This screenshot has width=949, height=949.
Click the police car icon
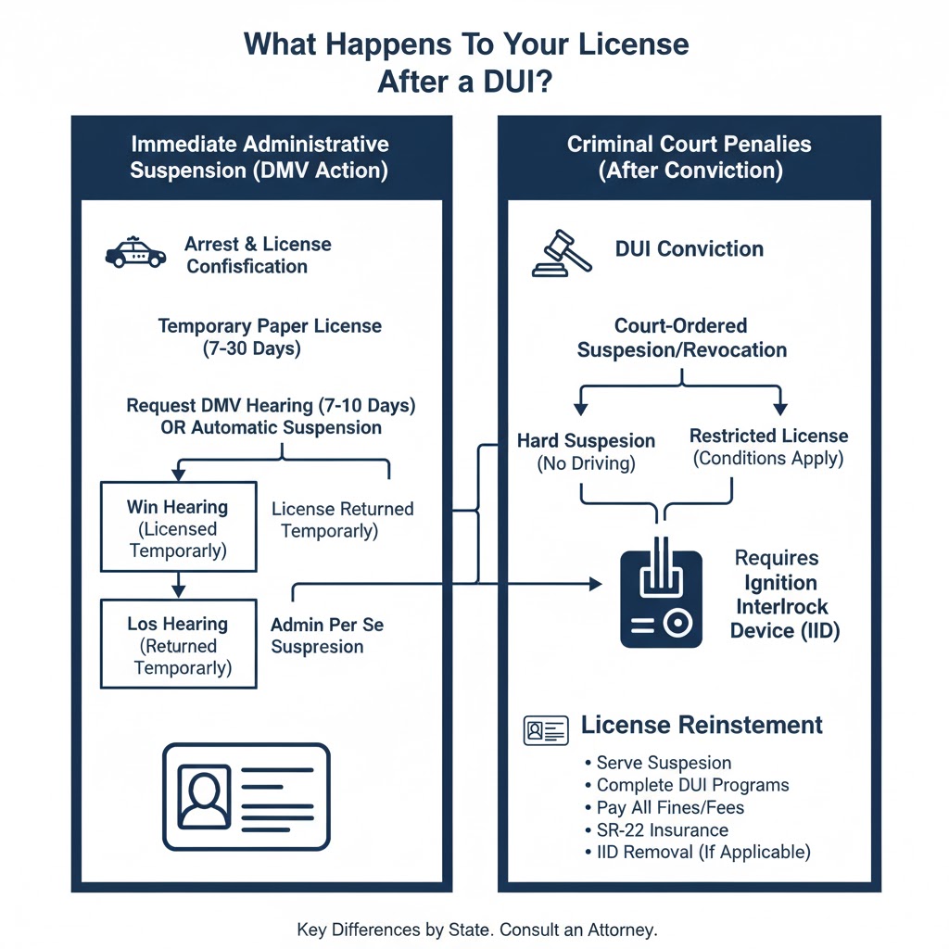(136, 253)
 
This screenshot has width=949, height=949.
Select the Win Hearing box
(178, 527)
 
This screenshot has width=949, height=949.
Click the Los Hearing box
(178, 644)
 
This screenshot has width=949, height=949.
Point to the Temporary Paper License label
(270, 326)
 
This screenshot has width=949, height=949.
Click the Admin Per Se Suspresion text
(327, 636)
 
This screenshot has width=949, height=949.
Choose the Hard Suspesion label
(586, 441)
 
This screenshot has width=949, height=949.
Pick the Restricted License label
(768, 436)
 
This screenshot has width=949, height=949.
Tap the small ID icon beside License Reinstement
(545, 730)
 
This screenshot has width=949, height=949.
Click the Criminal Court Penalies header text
(690, 145)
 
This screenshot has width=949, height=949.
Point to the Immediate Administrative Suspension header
(259, 157)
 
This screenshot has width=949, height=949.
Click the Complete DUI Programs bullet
(692, 785)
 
